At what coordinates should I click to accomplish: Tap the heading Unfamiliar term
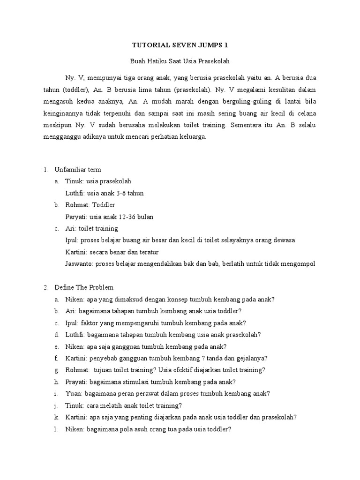[x=78, y=170]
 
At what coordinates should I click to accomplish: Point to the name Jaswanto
[x=79, y=263]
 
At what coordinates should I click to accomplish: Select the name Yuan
[x=73, y=393]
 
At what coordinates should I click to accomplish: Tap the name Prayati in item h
[x=76, y=382]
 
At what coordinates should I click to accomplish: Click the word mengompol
[x=299, y=263]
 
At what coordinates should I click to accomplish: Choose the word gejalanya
[x=251, y=358]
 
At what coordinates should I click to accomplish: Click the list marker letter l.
[x=56, y=428]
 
